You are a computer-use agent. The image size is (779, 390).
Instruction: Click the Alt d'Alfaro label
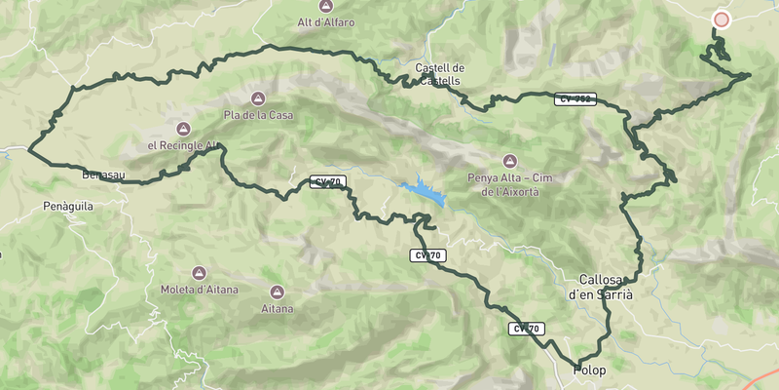(326, 22)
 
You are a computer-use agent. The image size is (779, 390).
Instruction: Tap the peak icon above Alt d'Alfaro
(326, 6)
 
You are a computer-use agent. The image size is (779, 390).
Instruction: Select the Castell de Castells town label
(440, 74)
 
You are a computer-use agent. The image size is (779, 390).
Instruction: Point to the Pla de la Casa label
(258, 115)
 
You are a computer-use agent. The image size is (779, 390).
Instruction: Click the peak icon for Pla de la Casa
(258, 98)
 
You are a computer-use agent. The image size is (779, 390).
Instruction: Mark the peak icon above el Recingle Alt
(182, 129)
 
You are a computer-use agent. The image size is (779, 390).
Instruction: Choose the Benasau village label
(102, 174)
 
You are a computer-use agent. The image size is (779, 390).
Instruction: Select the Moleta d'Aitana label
(200, 290)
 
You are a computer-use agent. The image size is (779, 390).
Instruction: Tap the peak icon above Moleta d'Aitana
(200, 273)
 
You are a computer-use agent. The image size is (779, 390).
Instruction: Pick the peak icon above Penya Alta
(507, 161)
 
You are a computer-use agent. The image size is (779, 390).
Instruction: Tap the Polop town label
(589, 370)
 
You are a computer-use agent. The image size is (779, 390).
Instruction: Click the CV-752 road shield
(575, 98)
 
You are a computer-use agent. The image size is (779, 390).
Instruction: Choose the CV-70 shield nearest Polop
(525, 329)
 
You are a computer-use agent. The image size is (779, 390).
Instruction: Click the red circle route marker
(722, 19)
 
